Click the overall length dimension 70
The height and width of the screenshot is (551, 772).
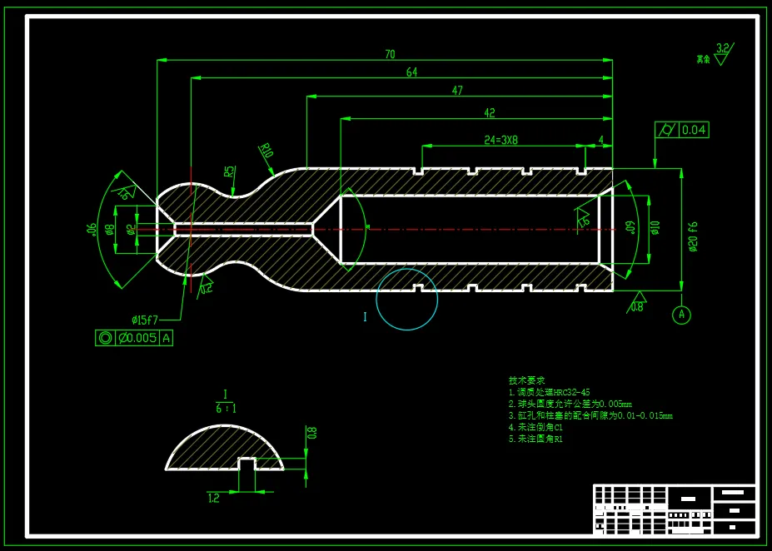click(x=390, y=55)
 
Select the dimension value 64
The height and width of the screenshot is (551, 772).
click(x=411, y=72)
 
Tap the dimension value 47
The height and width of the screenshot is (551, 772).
click(x=457, y=91)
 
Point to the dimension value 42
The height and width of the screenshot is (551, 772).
click(x=489, y=113)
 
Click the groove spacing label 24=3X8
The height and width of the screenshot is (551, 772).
click(x=501, y=140)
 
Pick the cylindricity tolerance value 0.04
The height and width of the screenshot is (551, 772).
click(x=693, y=130)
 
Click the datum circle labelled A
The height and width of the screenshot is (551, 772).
click(x=681, y=315)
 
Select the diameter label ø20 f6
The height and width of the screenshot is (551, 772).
click(x=692, y=237)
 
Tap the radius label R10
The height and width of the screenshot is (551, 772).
click(x=266, y=151)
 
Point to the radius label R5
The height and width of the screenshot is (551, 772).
click(x=229, y=172)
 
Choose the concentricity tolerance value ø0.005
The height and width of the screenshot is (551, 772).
click(x=137, y=338)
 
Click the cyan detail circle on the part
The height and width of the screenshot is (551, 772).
click(x=406, y=300)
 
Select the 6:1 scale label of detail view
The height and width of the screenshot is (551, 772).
click(x=226, y=409)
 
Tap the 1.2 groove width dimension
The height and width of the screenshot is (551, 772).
click(x=213, y=498)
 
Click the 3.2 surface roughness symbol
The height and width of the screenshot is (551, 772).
click(x=722, y=52)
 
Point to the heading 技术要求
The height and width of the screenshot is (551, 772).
click(x=526, y=380)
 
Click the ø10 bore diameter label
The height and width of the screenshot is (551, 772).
click(x=655, y=227)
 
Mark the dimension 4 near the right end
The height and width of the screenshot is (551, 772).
click(x=600, y=140)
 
